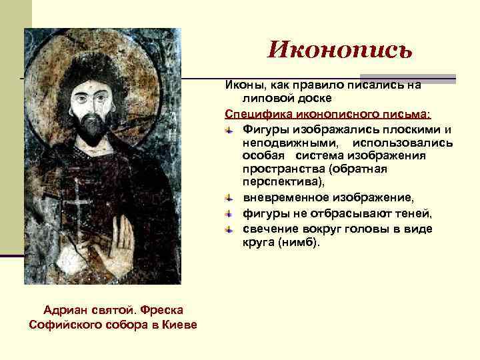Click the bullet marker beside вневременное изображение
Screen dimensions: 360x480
228,198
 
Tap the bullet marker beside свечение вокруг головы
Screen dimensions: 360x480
228,229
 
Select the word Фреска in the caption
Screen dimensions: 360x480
161,310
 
